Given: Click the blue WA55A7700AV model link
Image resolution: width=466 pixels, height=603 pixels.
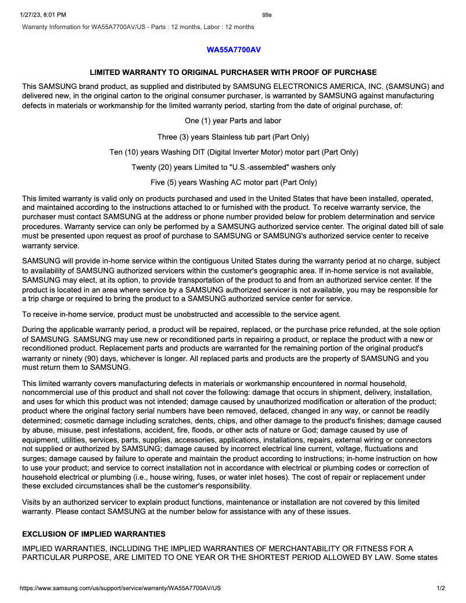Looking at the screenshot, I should (234, 49).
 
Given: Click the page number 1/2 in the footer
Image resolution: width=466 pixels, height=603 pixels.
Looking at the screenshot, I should (440, 588).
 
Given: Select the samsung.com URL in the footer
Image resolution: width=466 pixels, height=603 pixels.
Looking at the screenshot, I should (120, 588).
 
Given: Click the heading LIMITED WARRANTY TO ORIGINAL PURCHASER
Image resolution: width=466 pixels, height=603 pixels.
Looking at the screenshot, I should (233, 72).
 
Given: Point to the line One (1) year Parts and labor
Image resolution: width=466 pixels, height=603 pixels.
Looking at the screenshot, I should (233, 121).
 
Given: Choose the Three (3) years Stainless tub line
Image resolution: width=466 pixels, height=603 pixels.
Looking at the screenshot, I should (233, 137).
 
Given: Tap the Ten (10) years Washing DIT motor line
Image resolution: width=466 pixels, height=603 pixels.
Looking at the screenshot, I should (233, 152).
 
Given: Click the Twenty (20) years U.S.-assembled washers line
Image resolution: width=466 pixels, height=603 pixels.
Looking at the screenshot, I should (233, 167).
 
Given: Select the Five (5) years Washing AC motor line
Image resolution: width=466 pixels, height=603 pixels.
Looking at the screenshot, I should (233, 183).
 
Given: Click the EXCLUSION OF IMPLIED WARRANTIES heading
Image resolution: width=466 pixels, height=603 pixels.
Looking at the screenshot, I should (94, 534).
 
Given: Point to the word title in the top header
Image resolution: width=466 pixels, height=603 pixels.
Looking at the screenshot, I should (267, 15).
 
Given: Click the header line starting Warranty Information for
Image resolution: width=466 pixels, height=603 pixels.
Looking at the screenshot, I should (138, 27).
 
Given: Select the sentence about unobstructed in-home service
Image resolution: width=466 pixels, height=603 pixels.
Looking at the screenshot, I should (181, 315).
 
